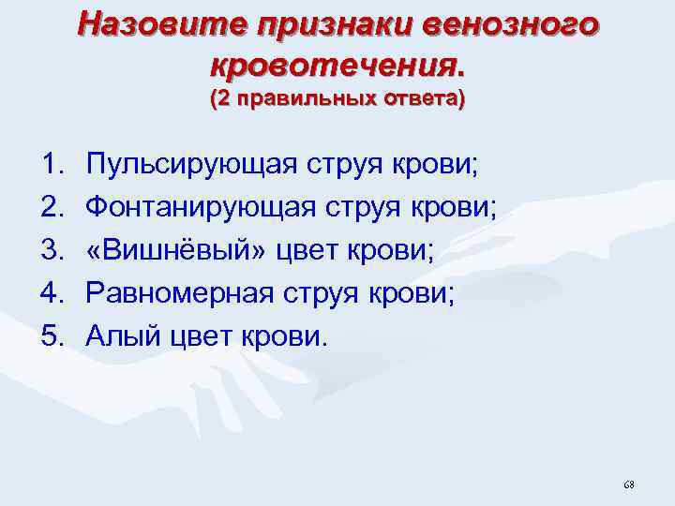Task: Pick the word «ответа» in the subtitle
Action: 419,98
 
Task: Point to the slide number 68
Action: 628,484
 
